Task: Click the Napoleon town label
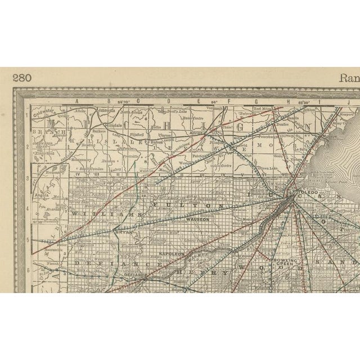[x=172, y=254]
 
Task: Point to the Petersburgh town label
[x=265, y=136]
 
